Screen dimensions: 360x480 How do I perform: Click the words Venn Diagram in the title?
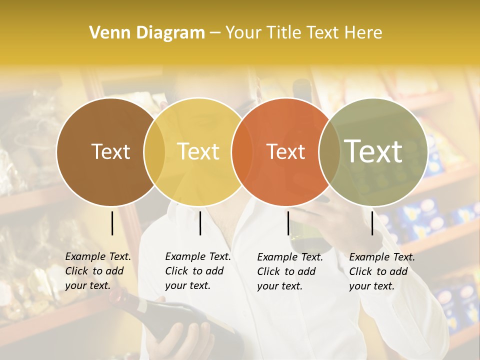pyautogui.click(x=147, y=33)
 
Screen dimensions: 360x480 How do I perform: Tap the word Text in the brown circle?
pyautogui.click(x=110, y=151)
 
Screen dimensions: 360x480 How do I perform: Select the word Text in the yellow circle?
pyautogui.click(x=198, y=151)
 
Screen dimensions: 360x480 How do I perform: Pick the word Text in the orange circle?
pyautogui.click(x=285, y=151)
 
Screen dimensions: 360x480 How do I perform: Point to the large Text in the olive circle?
pyautogui.click(x=373, y=151)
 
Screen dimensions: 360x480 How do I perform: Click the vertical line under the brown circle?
pyautogui.click(x=112, y=223)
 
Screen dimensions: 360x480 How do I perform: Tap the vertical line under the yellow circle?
pyautogui.click(x=200, y=223)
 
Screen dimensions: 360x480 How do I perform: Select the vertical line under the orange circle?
pyautogui.click(x=288, y=223)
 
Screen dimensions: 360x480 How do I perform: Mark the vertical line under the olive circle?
pyautogui.click(x=372, y=223)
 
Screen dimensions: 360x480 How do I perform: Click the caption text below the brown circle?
pyautogui.click(x=97, y=271)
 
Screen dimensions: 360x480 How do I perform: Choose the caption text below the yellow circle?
pyautogui.click(x=197, y=271)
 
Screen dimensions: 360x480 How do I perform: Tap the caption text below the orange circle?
pyautogui.click(x=289, y=271)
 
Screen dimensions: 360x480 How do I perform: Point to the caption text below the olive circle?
pyautogui.click(x=381, y=271)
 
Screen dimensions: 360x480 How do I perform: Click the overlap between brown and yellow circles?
pyautogui.click(x=154, y=151)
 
